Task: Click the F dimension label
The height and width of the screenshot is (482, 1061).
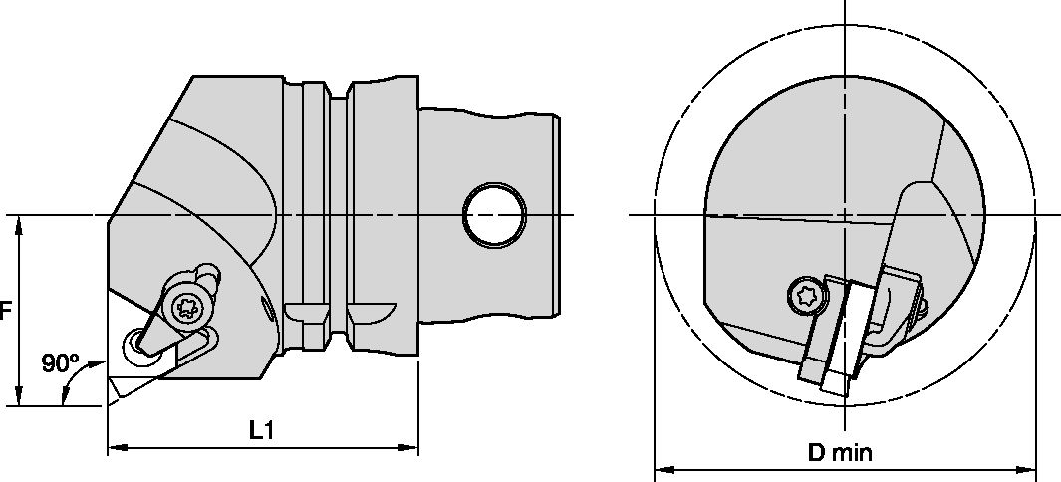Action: click(x=5, y=311)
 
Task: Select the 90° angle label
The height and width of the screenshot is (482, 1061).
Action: click(x=60, y=363)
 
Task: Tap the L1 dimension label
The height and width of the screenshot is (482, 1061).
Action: click(x=261, y=430)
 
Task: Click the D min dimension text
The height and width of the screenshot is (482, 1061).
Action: click(x=840, y=453)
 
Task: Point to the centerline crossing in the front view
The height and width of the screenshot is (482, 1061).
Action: click(x=844, y=215)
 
